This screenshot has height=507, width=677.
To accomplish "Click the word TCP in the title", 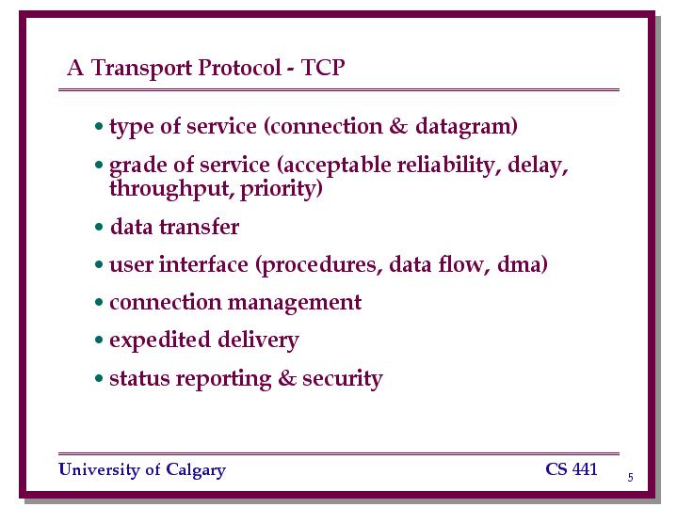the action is [323, 68].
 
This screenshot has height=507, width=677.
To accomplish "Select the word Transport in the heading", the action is [141, 68].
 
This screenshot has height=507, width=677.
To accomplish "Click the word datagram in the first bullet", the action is [466, 127].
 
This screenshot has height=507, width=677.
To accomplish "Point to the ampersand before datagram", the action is [398, 126].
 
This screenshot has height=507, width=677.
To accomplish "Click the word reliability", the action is [448, 166].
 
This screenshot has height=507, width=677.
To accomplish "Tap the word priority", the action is [282, 189].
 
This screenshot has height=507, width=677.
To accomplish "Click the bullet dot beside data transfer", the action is [99, 227].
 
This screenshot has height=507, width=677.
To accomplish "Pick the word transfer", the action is [199, 227].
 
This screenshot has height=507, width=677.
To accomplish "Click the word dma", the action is [522, 264].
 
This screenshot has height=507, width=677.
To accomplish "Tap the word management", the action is [295, 303].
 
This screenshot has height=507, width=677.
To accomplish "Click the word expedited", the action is [160, 341].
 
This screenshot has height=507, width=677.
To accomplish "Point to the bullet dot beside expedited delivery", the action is [99, 341].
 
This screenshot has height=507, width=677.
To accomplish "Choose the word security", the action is [343, 379].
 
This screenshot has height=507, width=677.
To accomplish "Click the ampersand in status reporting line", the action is [287, 378].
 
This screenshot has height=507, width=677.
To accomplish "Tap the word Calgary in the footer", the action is [196, 470].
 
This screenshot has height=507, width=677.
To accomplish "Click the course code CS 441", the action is [572, 469].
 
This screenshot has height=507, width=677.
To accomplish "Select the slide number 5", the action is [630, 477].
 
